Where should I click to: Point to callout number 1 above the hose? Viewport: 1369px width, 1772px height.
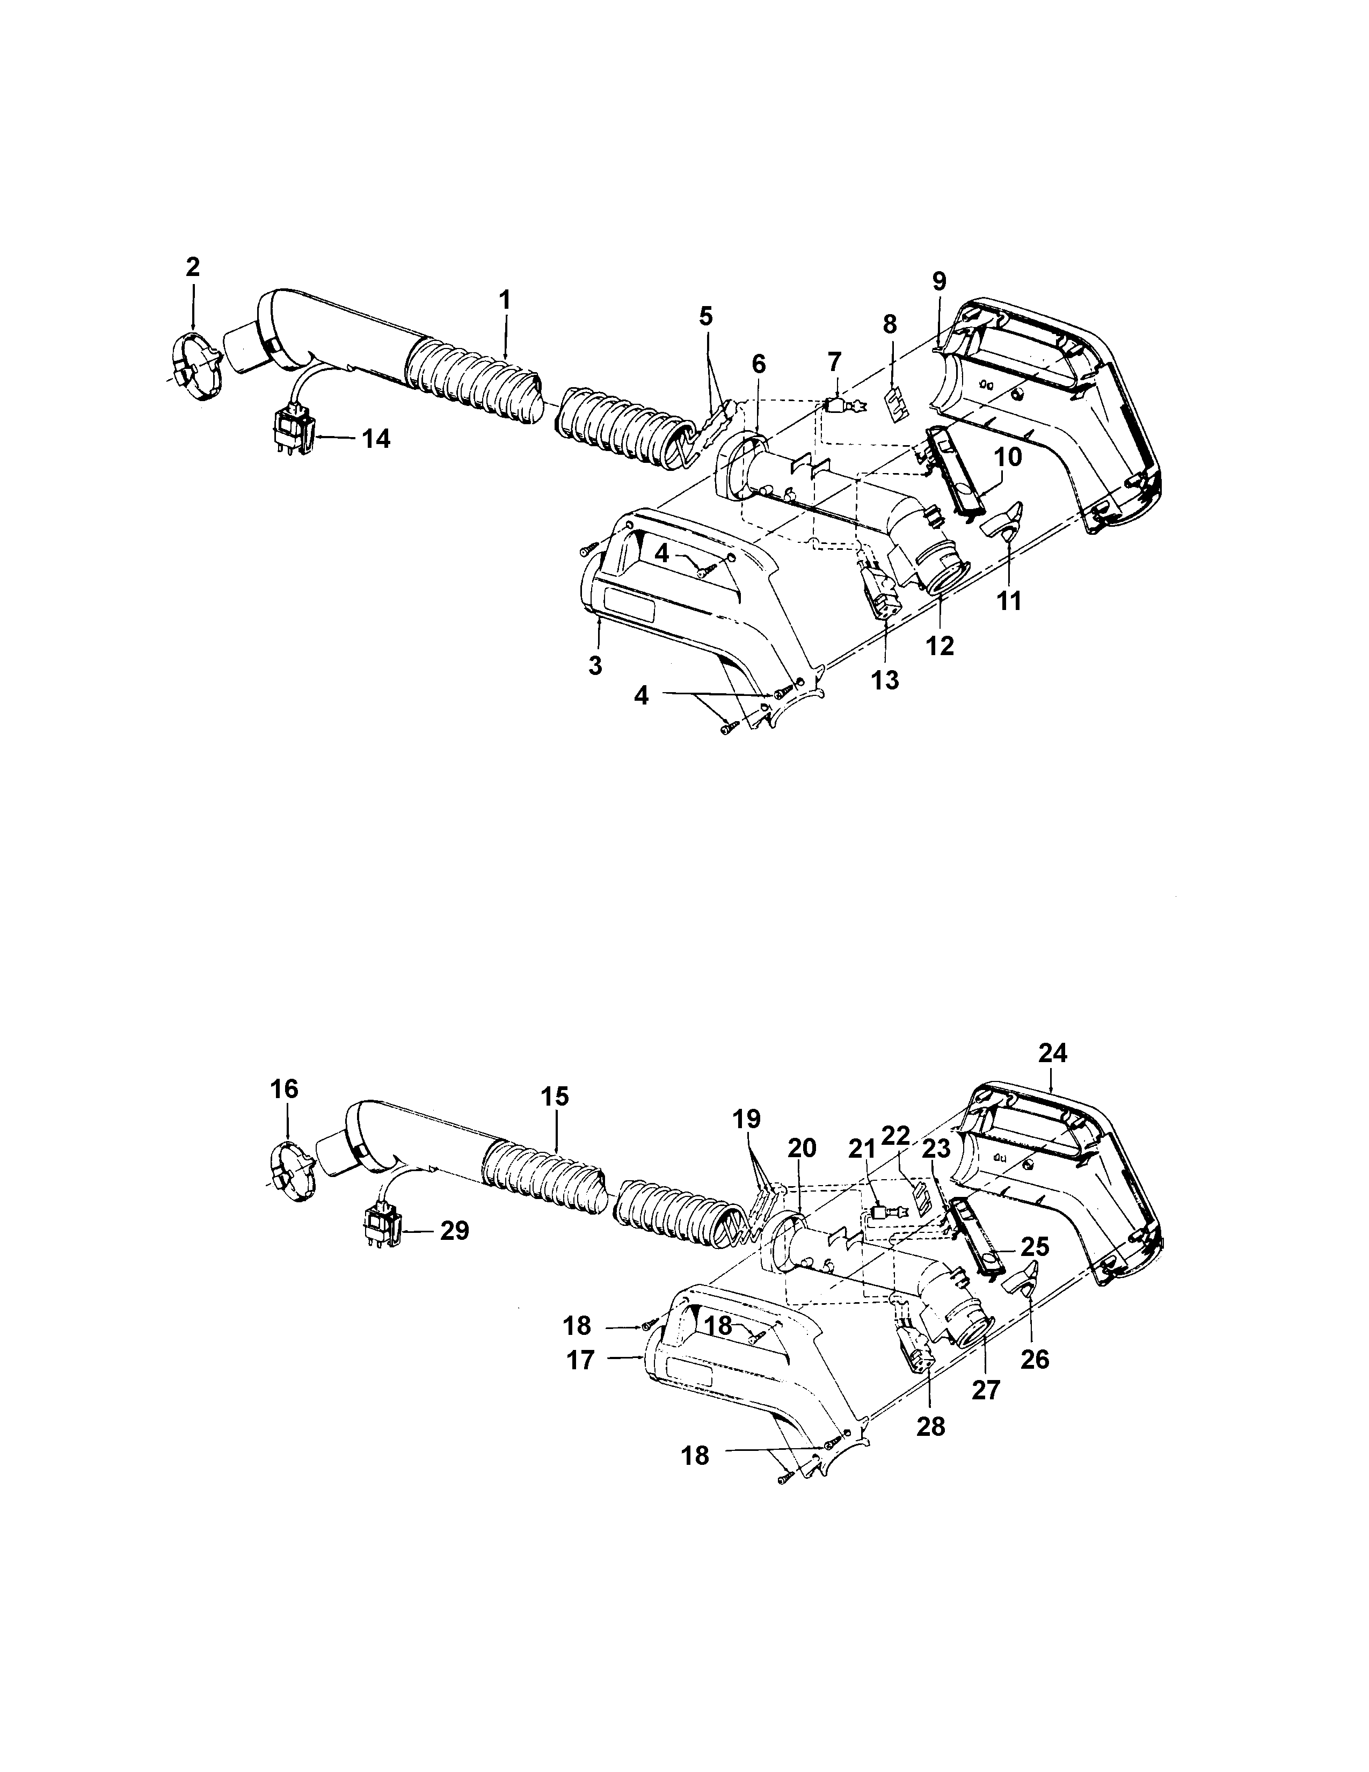[505, 300]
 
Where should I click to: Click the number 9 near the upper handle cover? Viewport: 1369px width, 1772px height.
[938, 281]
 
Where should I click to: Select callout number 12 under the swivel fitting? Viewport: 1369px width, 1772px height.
[942, 646]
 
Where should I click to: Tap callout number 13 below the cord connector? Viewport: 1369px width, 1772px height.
[886, 680]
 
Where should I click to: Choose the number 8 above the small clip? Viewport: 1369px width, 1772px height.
[890, 324]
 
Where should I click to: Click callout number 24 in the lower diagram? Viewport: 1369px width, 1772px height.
[1053, 1053]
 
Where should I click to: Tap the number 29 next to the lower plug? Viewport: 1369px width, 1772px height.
[454, 1231]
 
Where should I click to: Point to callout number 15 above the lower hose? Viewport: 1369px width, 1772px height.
[556, 1097]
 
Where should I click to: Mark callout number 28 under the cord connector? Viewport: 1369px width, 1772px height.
[931, 1426]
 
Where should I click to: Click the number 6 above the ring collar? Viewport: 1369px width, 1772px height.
[758, 364]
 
